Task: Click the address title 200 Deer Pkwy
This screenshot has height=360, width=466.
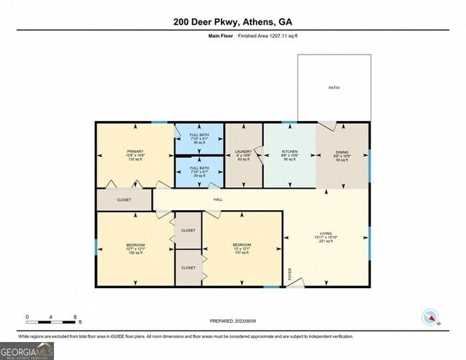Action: tap(232, 22)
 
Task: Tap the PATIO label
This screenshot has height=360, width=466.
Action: tap(334, 88)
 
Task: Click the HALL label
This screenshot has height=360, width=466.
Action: tap(217, 200)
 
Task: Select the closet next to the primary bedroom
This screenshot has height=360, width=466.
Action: tap(124, 200)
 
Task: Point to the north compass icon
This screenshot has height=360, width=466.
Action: tap(431, 316)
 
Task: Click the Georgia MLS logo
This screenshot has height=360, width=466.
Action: tap(27, 351)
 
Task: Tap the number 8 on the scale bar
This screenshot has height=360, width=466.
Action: tap(75, 316)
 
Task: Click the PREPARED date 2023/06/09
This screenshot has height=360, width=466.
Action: tap(233, 321)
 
